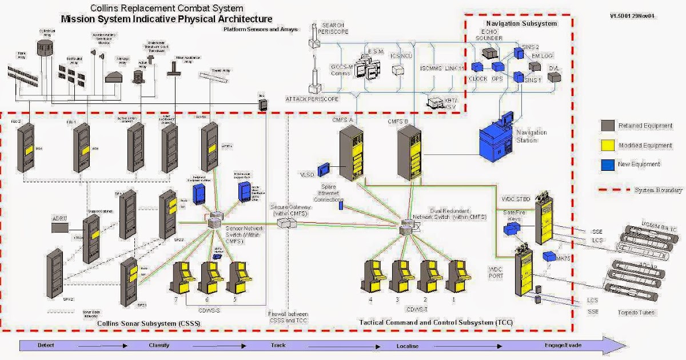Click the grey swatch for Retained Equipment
click(608, 126)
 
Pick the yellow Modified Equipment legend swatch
click(608, 145)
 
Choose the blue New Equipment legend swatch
click(608, 164)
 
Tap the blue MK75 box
click(549, 257)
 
